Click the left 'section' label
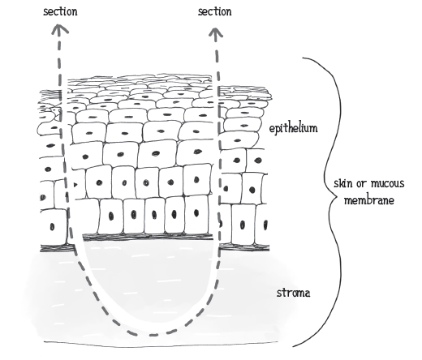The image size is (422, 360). click(x=60, y=11)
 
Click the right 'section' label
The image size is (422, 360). click(x=214, y=11)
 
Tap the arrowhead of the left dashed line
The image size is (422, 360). click(x=59, y=28)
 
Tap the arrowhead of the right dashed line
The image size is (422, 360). click(x=216, y=32)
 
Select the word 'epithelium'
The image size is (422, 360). click(x=293, y=128)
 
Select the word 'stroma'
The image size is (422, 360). click(x=293, y=293)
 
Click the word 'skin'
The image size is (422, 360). click(x=343, y=183)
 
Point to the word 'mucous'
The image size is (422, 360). click(x=388, y=183)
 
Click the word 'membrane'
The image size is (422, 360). click(x=369, y=200)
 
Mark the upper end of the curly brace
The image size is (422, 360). click(x=303, y=58)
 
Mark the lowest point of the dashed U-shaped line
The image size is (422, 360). click(x=153, y=335)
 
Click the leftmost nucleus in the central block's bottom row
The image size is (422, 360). click(x=111, y=216)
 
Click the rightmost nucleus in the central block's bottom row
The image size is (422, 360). click(x=196, y=213)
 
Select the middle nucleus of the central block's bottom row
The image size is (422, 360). click(x=154, y=215)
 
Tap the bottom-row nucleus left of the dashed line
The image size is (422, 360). click(x=52, y=226)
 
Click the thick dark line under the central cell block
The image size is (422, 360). click(x=149, y=237)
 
